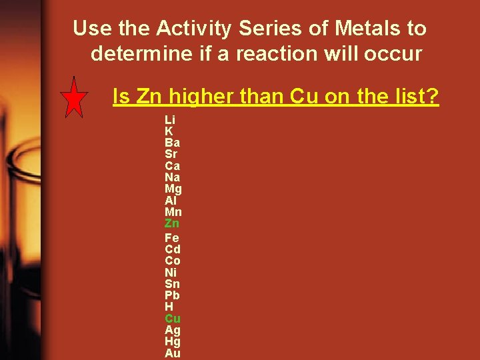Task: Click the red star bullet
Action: tap(74, 98)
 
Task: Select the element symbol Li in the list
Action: tap(170, 120)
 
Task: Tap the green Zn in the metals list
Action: tap(172, 223)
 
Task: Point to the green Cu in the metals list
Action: tap(173, 318)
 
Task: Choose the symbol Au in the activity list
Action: tap(173, 353)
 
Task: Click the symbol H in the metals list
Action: tap(169, 307)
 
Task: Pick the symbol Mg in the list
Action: tap(173, 189)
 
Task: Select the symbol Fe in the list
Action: tap(172, 237)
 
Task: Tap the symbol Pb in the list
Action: tap(172, 295)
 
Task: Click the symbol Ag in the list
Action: tap(173, 330)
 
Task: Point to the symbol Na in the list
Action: tap(172, 177)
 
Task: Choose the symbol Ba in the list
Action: tap(172, 143)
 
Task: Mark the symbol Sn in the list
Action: tap(172, 283)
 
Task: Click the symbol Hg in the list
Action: tap(173, 342)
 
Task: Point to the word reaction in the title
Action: tap(264, 53)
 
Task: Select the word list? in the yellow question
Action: tap(415, 97)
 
